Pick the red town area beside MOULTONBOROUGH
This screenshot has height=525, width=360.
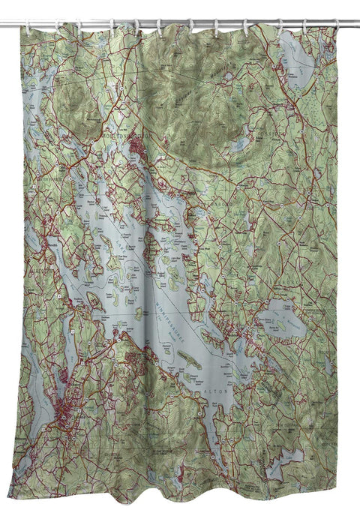click(138, 142)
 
